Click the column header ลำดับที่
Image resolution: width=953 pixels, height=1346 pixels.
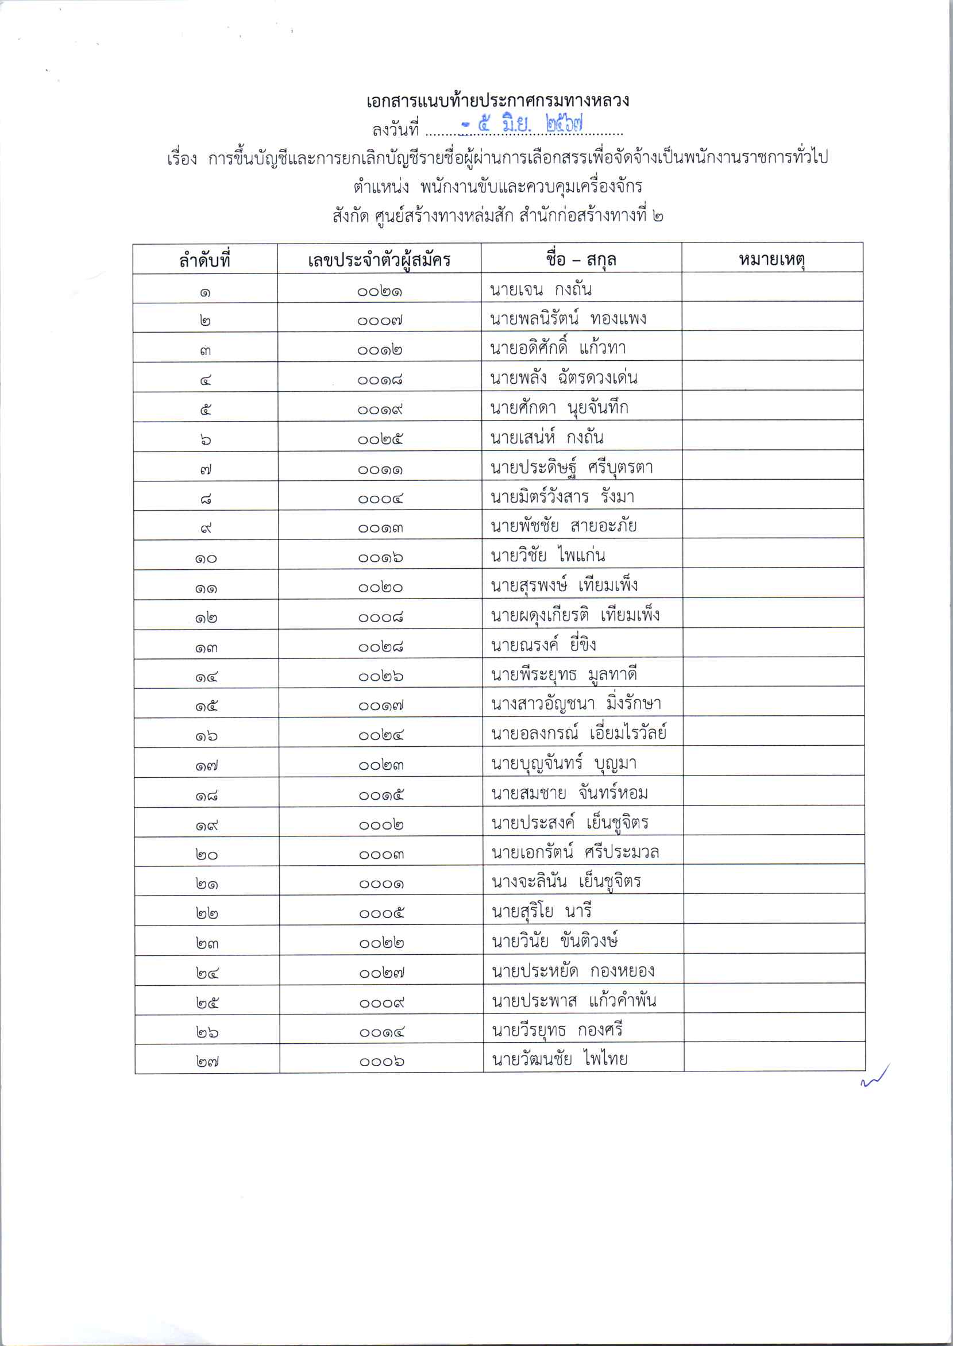pos(205,259)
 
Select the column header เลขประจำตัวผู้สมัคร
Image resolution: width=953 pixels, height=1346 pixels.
pos(379,259)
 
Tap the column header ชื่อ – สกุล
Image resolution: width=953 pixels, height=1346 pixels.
pos(580,259)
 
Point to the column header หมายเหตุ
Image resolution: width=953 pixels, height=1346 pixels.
pos(771,258)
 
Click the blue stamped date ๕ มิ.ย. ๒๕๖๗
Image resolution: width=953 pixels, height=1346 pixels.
pos(522,124)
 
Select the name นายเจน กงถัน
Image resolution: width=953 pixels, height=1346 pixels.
pos(541,290)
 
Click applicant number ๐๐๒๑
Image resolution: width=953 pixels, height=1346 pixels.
pos(380,291)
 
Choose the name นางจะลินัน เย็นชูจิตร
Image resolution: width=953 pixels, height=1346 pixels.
pos(566,881)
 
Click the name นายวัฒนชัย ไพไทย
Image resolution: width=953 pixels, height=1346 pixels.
pos(560,1059)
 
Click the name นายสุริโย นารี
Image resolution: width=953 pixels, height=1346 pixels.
pos(541,911)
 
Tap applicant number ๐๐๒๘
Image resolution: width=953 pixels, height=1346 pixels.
pos(380,647)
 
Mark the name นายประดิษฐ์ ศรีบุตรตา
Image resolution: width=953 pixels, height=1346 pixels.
pos(572,468)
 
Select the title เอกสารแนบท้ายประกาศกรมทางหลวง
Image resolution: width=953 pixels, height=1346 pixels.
pos(497,101)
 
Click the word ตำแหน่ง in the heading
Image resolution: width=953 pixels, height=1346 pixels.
pos(381,187)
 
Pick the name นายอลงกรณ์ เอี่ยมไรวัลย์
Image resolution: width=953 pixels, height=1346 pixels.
pos(578,733)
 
